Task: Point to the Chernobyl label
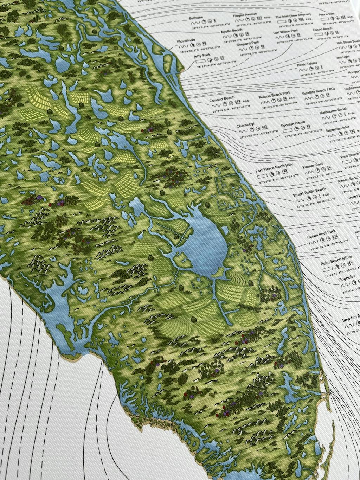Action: coord(245,125)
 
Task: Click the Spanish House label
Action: coord(293,124)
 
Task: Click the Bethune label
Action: coord(195,17)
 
